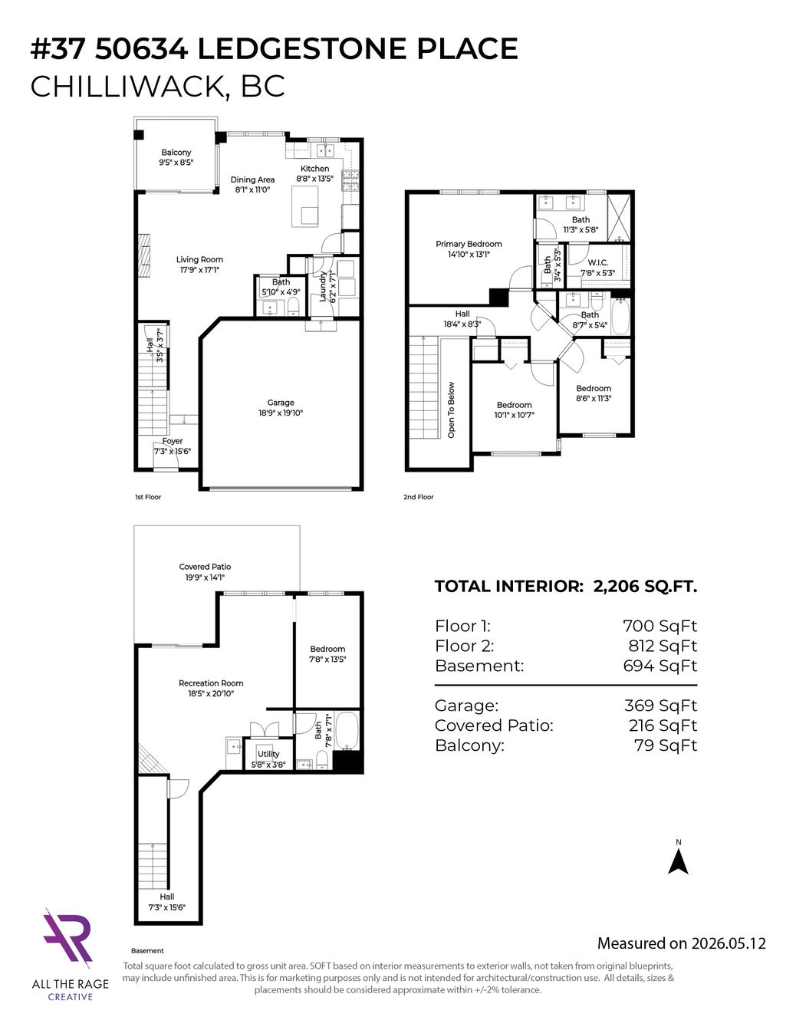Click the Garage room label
(x=281, y=403)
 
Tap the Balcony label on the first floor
(x=176, y=152)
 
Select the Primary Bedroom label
(x=469, y=244)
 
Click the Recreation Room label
(x=211, y=683)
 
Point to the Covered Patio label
(x=206, y=567)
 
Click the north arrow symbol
(x=678, y=861)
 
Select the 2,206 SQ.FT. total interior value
(x=645, y=587)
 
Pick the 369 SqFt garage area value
(x=660, y=706)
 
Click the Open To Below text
(x=451, y=410)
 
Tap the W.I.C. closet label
(x=597, y=262)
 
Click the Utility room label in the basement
(x=268, y=754)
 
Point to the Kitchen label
(x=314, y=168)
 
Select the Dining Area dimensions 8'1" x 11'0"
(x=252, y=189)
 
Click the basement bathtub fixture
(x=347, y=731)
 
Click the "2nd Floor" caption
(x=419, y=497)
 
